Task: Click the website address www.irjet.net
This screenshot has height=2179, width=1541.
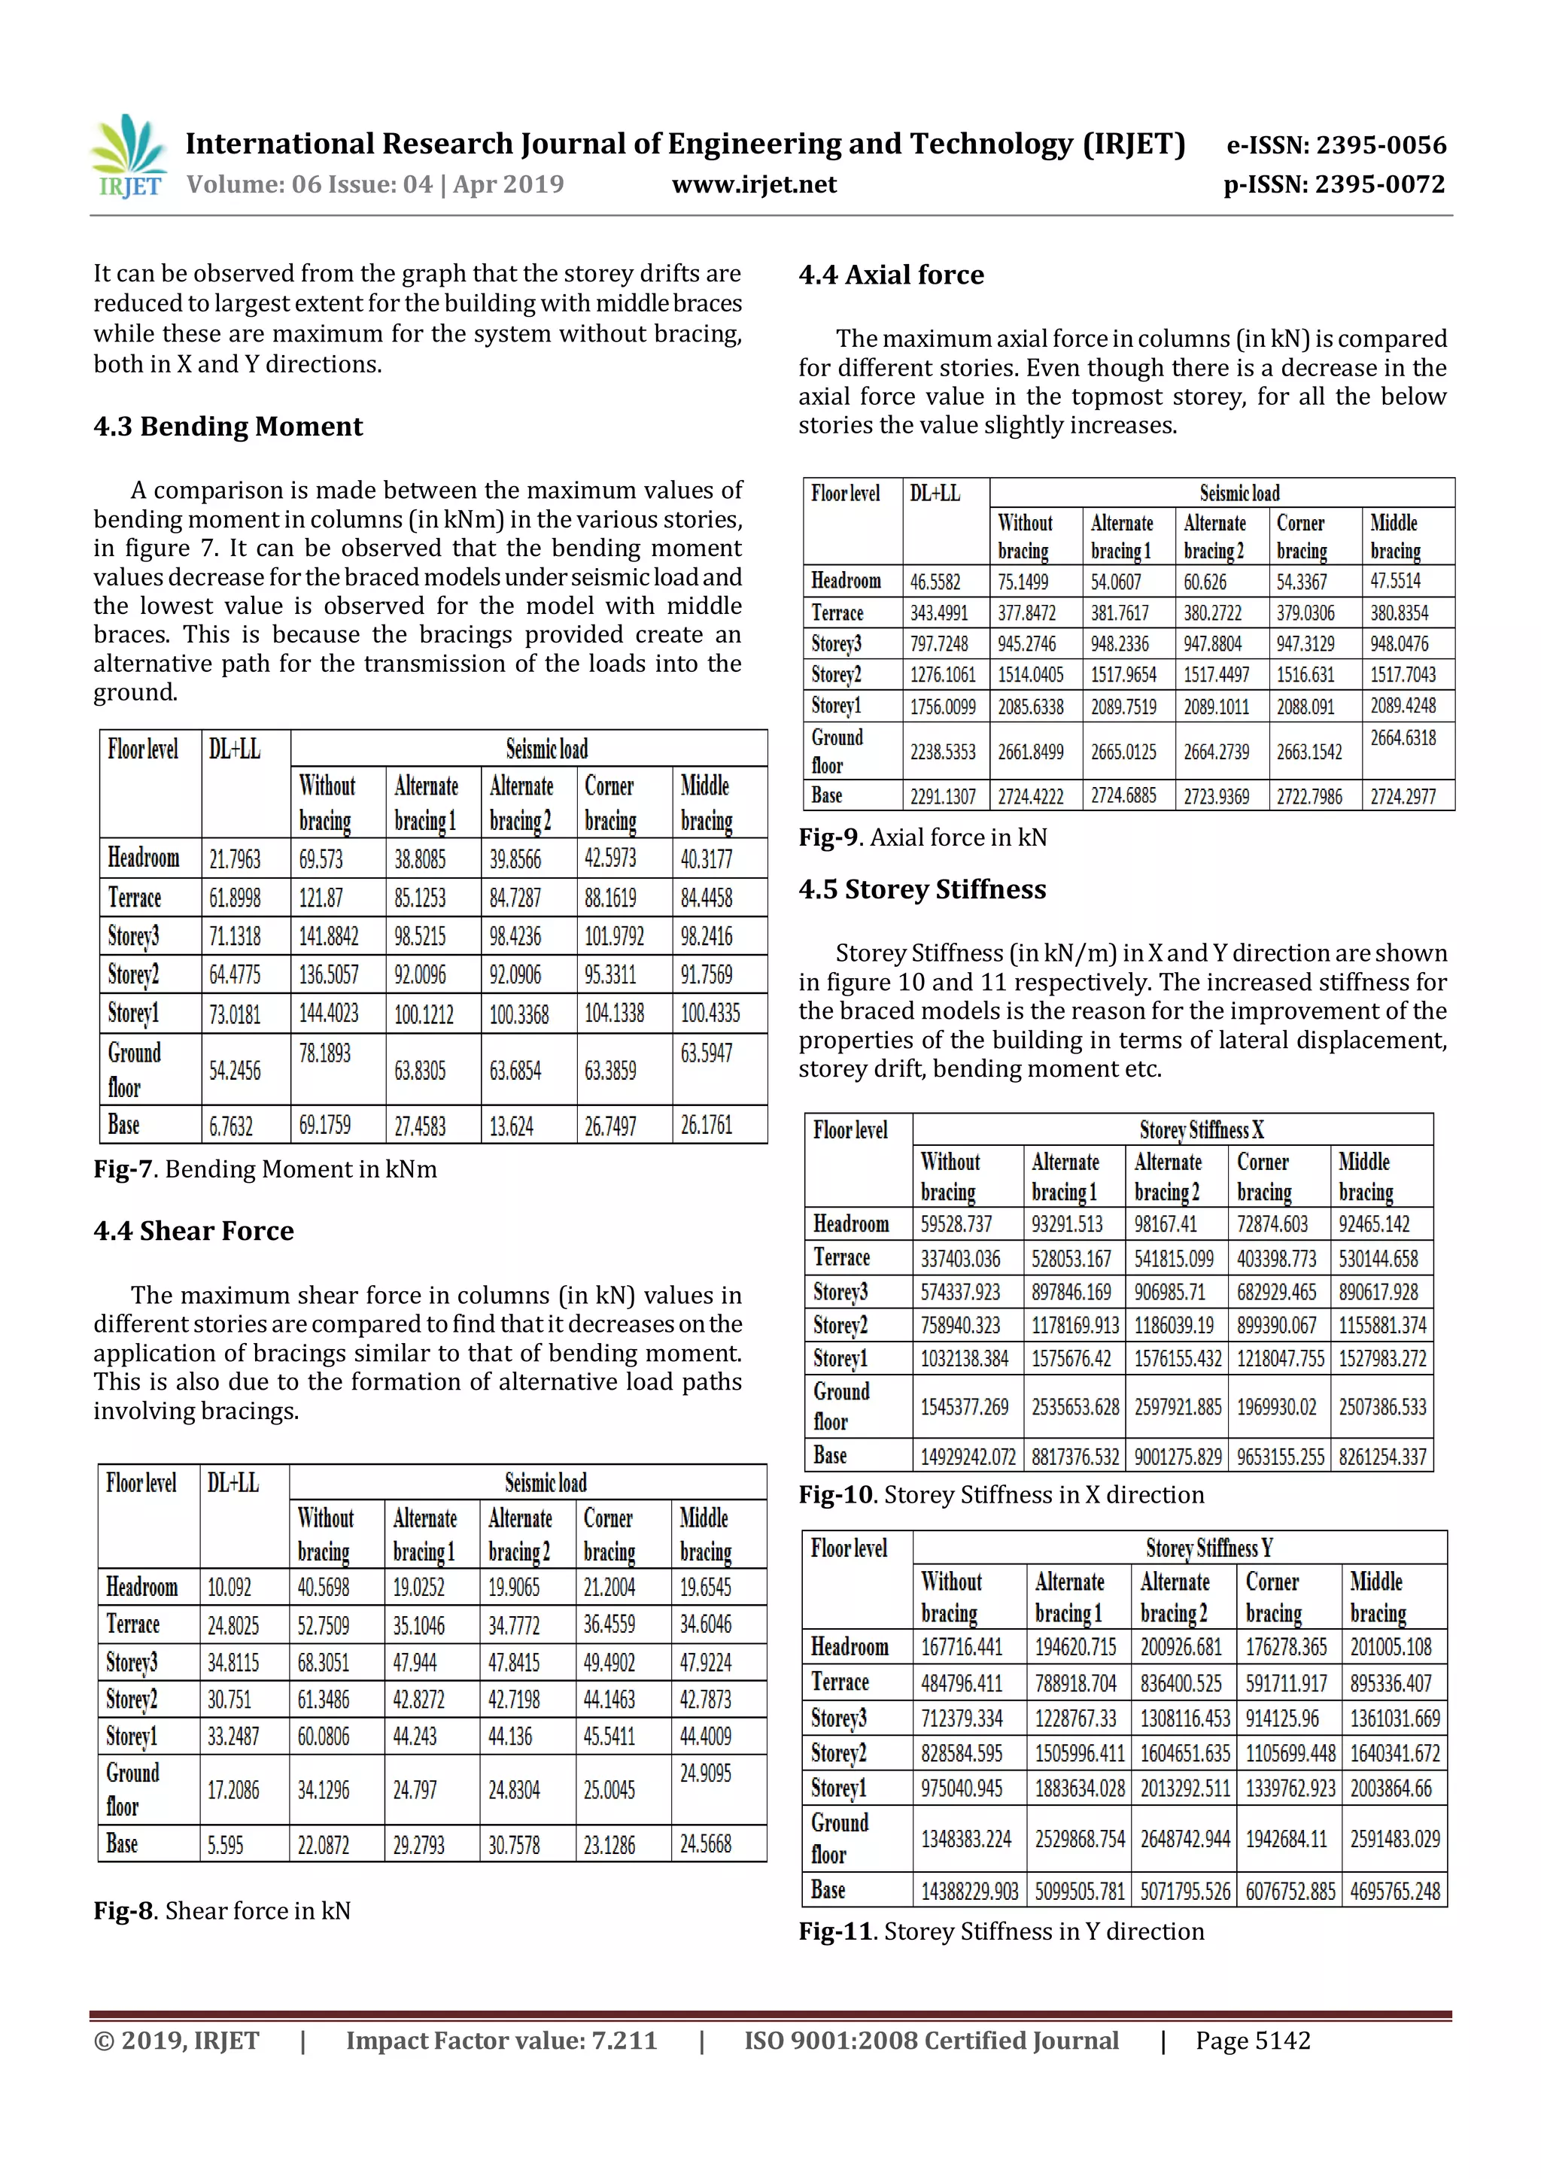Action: (755, 184)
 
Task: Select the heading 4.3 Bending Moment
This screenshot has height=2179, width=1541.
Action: (228, 426)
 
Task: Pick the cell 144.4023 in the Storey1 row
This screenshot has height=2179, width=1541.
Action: (328, 1014)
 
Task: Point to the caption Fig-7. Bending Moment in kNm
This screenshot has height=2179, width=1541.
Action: (266, 1169)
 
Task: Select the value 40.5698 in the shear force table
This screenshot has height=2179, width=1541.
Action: (323, 1587)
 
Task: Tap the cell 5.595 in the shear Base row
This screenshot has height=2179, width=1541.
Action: (225, 1845)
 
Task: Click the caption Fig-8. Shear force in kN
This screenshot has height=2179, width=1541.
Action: (222, 1910)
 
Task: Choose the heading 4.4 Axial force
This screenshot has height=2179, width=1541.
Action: (891, 275)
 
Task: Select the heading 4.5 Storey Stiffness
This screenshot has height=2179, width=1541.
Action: (922, 889)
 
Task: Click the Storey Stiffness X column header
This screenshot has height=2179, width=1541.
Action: (1202, 1129)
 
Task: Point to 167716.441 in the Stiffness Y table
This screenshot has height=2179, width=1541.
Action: (961, 1646)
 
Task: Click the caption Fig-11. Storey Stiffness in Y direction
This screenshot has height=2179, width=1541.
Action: (1001, 1931)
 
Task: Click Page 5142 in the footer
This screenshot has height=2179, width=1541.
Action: (1253, 2041)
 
